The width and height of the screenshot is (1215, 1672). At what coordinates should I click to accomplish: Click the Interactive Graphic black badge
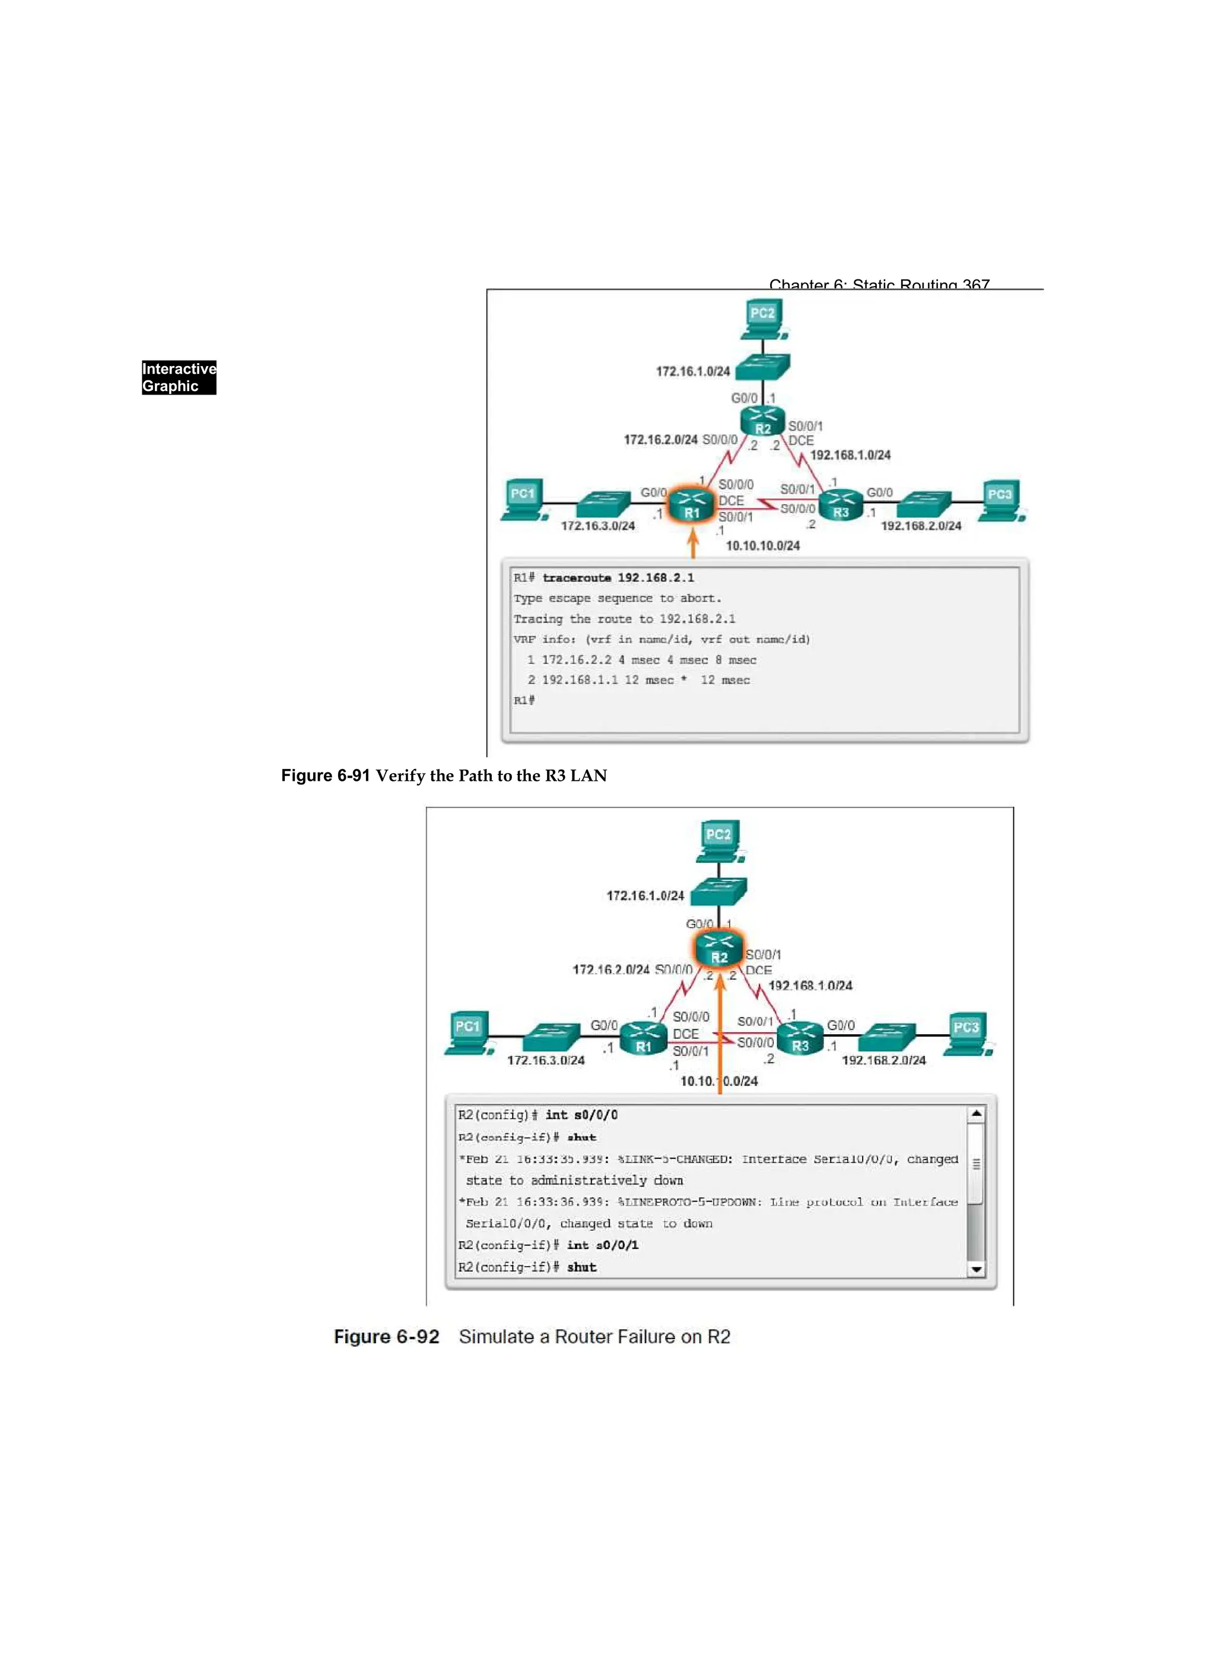point(179,377)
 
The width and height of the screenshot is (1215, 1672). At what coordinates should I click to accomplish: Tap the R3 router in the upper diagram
point(841,505)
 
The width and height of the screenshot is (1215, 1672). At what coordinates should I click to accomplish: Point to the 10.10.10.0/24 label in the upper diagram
point(762,545)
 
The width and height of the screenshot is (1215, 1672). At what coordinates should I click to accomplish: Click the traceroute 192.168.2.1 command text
point(618,578)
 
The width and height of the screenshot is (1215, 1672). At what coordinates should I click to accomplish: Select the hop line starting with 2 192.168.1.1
point(638,680)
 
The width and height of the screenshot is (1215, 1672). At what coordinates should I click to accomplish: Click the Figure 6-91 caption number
point(325,775)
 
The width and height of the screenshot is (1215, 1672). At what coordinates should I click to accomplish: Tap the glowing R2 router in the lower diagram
point(719,951)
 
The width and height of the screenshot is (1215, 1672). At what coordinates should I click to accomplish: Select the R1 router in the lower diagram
point(644,1039)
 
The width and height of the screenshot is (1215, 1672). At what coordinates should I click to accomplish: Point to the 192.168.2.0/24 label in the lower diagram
point(883,1060)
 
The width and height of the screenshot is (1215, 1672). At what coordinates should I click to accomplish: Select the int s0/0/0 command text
point(581,1115)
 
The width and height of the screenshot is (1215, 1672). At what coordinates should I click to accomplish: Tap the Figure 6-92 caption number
point(386,1337)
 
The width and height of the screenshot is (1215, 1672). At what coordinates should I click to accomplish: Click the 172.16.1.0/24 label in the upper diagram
point(692,371)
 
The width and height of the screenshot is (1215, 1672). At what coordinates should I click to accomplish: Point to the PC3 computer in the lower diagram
point(967,1034)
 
